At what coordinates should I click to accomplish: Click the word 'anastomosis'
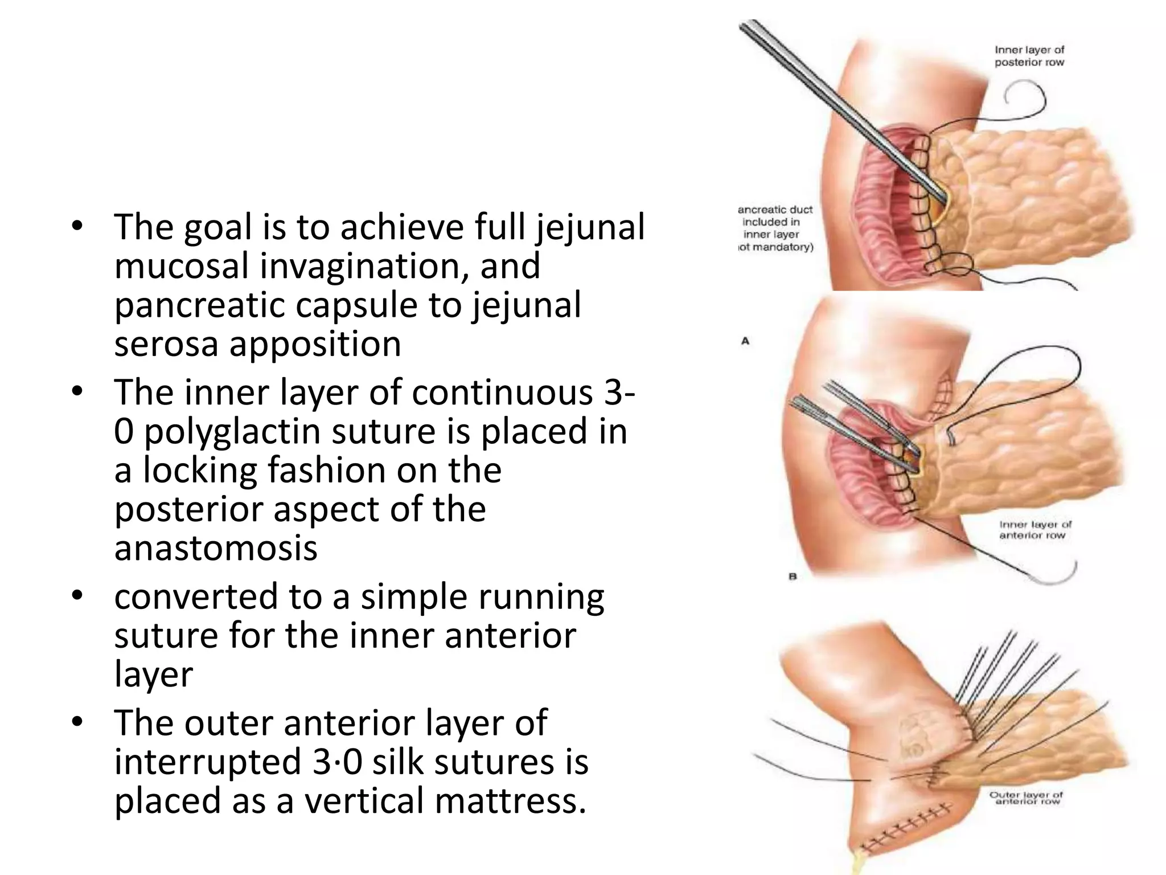point(216,548)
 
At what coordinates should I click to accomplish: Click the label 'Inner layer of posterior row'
point(1029,56)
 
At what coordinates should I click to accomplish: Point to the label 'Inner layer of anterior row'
point(1035,530)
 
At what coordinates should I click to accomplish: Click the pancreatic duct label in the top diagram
point(775,228)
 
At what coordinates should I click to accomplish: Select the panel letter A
point(745,341)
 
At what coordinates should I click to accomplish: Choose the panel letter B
point(792,576)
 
